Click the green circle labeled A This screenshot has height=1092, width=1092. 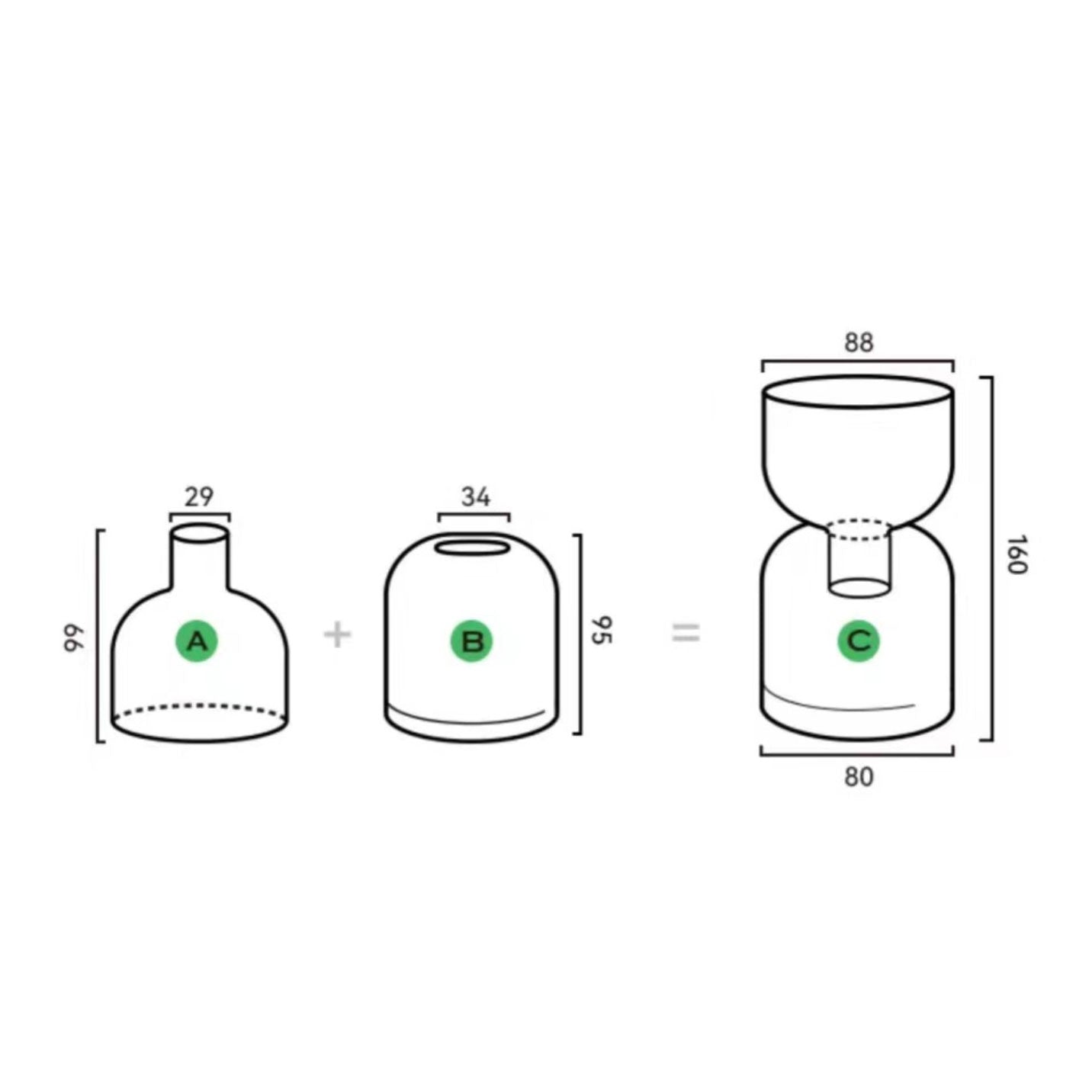click(197, 641)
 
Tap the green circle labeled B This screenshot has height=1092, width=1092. click(472, 641)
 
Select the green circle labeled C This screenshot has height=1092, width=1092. click(859, 641)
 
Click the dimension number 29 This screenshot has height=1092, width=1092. click(199, 497)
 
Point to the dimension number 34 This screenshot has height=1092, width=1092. click(476, 497)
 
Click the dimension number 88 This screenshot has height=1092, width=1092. click(859, 343)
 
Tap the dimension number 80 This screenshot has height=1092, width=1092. click(859, 777)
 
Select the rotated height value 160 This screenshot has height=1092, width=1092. click(1016, 554)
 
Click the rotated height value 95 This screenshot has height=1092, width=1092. click(602, 630)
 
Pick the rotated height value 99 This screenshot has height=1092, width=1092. click(73, 638)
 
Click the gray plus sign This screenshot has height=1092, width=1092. click(338, 634)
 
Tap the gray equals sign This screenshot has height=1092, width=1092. click(686, 633)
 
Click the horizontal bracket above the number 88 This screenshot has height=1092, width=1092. click(857, 361)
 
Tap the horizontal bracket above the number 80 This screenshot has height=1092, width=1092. click(857, 754)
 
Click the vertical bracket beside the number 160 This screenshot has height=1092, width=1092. click(992, 558)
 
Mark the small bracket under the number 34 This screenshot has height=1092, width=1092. click(474, 514)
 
